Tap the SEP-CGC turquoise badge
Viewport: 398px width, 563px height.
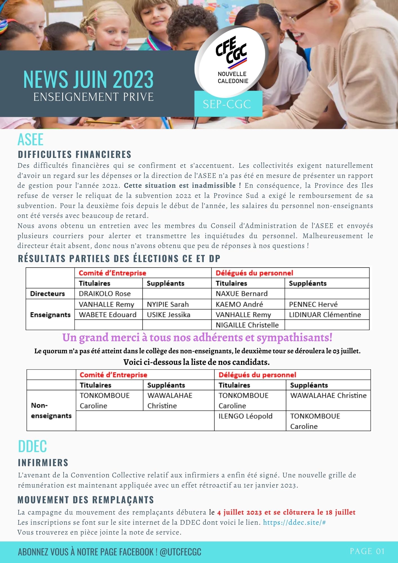click(227, 104)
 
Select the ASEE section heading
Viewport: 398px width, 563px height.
click(30, 139)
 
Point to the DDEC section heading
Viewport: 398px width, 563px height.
click(32, 446)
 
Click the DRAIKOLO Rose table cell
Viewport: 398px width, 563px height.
click(105, 294)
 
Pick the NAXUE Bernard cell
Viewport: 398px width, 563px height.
click(242, 294)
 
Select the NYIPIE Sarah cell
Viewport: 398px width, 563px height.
click(168, 304)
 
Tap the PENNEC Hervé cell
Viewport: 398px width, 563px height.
click(313, 304)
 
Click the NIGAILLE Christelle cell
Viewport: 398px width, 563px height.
click(247, 325)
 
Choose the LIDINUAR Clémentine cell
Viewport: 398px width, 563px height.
click(325, 314)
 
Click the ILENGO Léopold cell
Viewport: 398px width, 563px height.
click(245, 416)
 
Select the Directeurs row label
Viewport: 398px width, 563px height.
click(47, 294)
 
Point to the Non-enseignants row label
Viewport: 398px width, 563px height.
click(51, 410)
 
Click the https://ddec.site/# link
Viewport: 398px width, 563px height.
click(294, 522)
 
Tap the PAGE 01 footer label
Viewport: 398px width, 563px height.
click(367, 551)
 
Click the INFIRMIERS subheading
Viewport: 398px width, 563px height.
click(43, 463)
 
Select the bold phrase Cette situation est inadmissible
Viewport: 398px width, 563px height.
click(182, 186)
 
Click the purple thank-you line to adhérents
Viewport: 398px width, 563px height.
click(197, 337)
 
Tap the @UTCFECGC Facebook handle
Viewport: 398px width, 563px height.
click(180, 552)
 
